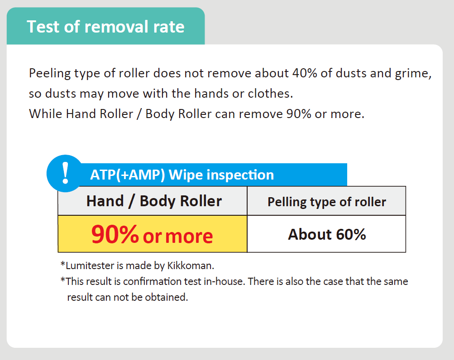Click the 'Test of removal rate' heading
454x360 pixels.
point(105,27)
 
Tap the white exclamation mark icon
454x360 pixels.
point(66,173)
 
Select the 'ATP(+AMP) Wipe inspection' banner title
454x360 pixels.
point(182,175)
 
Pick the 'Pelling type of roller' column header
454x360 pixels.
point(327,201)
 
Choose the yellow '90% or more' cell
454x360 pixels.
point(153,234)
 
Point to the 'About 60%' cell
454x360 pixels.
point(327,234)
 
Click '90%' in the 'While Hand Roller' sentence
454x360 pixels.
point(298,114)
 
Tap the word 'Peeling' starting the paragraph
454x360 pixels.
point(50,74)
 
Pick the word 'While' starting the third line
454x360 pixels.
point(45,114)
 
